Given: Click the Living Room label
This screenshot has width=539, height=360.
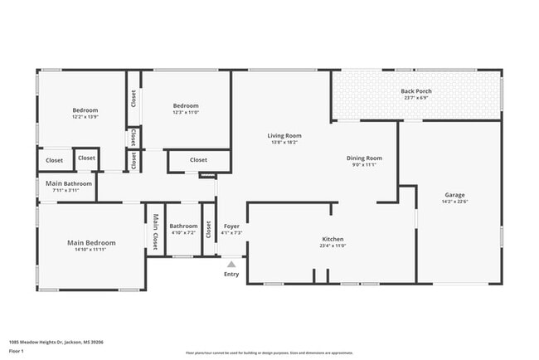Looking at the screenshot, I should pos(284,135).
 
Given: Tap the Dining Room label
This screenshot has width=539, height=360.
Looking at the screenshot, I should pos(364,158).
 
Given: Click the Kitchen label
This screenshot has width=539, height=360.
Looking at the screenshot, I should pos(333,239).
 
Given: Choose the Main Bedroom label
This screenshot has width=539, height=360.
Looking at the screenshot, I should pos(91,242).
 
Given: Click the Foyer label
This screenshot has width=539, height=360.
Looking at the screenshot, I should pos(231,226).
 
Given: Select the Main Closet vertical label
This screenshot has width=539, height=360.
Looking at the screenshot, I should pos(154,231).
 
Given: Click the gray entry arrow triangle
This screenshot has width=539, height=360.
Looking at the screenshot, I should pos(231,265).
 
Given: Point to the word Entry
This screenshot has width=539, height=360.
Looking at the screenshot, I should pos(231,275).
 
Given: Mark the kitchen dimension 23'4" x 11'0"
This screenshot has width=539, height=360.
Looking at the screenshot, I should pos(333,246).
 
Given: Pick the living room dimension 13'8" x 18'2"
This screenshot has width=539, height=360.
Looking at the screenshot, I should pos(284,142).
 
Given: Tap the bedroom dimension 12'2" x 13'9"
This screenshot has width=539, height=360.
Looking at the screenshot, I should pos(85,117).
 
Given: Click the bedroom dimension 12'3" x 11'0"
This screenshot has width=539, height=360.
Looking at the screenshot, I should pos(186,112).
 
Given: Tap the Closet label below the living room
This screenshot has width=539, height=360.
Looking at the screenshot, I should pos(198,160).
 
